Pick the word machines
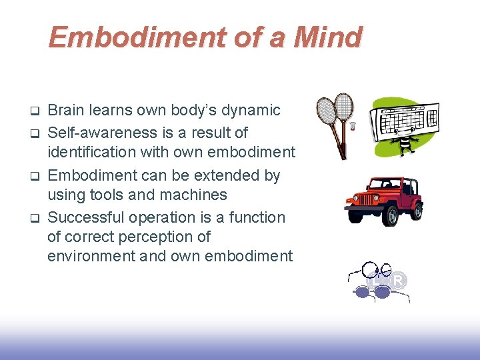197,195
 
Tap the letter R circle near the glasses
398,281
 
